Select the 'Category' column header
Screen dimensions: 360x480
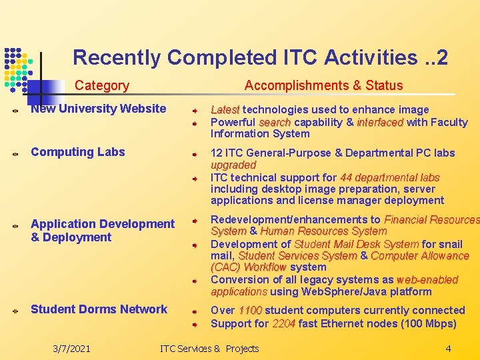click(101, 85)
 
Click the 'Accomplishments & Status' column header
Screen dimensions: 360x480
click(323, 85)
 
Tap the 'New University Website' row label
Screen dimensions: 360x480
click(98, 109)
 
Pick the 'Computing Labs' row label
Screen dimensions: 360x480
click(77, 152)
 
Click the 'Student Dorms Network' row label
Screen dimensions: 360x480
click(99, 309)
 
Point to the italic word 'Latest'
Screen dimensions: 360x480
click(225, 109)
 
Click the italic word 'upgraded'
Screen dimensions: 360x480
click(233, 165)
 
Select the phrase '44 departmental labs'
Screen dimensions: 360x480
click(389, 177)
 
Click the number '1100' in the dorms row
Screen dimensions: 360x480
click(250, 311)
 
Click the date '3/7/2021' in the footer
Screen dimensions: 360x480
click(71, 348)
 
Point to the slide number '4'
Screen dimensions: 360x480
click(448, 348)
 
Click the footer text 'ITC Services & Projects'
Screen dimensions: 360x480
click(209, 348)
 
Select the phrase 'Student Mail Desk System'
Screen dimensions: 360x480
click(356, 244)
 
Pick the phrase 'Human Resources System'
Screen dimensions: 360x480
click(323, 231)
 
